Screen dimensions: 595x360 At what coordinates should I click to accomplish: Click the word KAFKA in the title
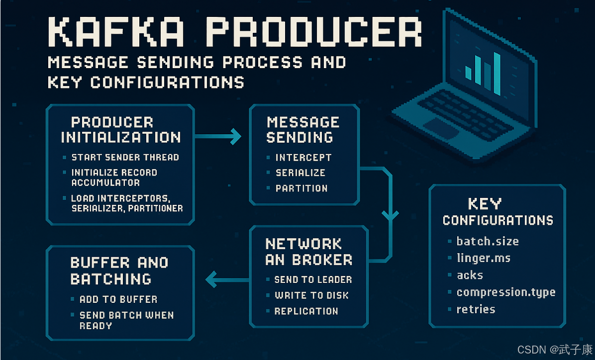point(116,32)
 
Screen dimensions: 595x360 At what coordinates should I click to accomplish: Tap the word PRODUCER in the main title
point(314,32)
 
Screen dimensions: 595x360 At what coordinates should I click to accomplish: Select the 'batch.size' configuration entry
point(488,241)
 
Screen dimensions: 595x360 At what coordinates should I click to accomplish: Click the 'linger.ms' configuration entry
point(484,258)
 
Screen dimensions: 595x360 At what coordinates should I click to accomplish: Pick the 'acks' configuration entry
point(470,275)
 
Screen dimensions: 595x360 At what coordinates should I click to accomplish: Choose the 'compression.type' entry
point(506,292)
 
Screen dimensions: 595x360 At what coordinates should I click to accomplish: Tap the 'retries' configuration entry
point(476,309)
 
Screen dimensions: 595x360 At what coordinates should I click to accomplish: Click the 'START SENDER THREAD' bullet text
point(125,158)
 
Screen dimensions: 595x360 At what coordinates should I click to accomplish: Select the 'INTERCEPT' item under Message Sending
point(303,158)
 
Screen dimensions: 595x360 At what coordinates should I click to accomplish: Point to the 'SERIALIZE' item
point(300,173)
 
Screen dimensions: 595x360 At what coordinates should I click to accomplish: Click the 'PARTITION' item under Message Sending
point(301,188)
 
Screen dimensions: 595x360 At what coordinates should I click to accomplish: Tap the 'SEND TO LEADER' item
point(313,279)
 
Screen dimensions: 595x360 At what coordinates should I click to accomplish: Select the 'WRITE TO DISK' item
point(311,295)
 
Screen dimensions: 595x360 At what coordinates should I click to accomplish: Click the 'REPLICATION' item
point(306,311)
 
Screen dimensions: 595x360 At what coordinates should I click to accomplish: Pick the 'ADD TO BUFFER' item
point(118,299)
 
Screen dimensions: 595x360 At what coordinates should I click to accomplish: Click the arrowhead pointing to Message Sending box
point(236,136)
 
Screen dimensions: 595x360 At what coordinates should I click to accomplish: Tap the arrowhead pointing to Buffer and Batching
point(211,279)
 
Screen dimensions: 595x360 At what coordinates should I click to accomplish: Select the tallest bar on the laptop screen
point(496,74)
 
